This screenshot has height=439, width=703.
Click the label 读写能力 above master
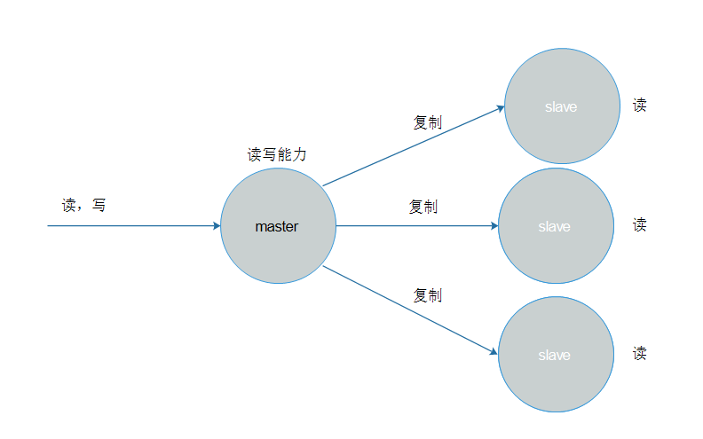coord(277,154)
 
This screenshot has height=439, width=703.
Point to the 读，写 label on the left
coord(83,205)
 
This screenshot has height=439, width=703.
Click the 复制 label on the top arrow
coord(427,122)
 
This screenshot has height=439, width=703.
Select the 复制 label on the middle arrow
coord(423,207)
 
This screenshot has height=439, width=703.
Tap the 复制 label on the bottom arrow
coord(427,295)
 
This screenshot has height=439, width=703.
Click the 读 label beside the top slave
coord(639,105)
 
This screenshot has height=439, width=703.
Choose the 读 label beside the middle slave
coord(639,224)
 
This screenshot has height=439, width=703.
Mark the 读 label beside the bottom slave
coord(639,353)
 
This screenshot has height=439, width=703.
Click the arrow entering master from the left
coord(133,226)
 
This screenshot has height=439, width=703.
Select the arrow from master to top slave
coord(413,147)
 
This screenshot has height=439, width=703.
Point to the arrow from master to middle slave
coord(417,226)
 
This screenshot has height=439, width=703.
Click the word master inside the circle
coord(277,226)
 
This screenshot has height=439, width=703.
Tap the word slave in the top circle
coord(561,107)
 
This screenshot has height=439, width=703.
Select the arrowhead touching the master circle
coord(216,226)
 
